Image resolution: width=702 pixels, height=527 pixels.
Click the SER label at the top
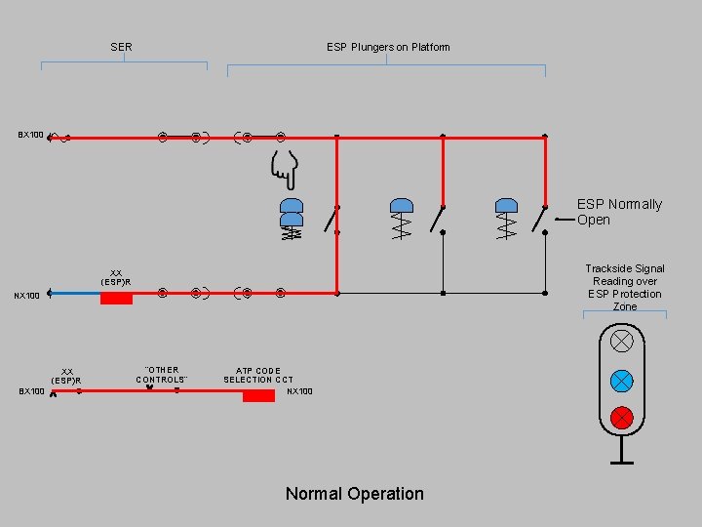point(122,47)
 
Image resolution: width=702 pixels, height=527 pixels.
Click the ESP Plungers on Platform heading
point(388,47)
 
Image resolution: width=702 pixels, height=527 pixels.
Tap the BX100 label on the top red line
point(30,135)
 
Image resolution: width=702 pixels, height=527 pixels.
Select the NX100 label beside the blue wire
point(26,296)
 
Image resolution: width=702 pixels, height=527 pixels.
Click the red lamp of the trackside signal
point(621,418)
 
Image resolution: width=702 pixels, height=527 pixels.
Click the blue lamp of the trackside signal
point(621,381)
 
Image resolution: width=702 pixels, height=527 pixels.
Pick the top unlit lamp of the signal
point(621,342)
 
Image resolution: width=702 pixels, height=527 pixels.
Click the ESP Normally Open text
point(618,212)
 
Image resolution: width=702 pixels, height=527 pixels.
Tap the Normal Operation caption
point(354,494)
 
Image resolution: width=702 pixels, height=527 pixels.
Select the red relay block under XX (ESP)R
point(116,298)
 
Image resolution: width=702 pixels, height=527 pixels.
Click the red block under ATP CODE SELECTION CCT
point(258,394)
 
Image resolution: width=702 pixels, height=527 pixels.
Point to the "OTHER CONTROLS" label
point(162,375)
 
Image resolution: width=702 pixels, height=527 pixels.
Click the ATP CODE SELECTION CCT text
point(257,375)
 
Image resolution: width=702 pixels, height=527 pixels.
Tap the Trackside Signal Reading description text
point(625,287)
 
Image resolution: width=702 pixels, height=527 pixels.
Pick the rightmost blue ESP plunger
point(506,205)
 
